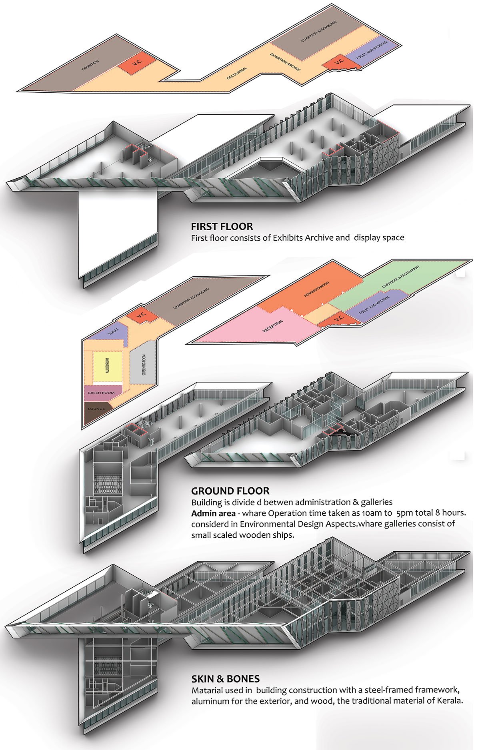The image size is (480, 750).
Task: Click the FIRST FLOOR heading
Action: (222, 226)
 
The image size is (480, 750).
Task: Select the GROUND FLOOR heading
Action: (230, 491)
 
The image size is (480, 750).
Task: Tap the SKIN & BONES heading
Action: (225, 678)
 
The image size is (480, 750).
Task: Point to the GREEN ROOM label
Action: (101, 393)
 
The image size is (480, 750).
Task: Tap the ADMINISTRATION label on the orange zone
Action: (316, 289)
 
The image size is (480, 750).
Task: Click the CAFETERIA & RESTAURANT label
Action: (401, 276)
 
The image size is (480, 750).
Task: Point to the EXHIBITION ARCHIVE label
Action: (285, 62)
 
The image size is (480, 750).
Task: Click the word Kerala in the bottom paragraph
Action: (450, 700)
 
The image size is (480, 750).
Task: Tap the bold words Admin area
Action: (213, 513)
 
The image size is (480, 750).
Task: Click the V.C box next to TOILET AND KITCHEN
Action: (338, 318)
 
